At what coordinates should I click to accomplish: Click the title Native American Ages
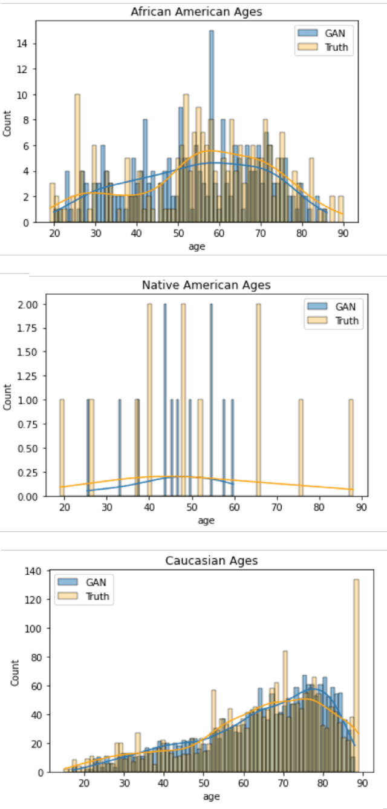pos(206,284)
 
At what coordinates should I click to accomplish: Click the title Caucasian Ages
pos(212,561)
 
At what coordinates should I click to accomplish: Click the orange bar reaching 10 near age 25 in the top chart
pos(77,159)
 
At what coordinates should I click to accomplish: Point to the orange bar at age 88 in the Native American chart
pos(351,448)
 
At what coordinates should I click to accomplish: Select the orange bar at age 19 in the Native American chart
pos(61,448)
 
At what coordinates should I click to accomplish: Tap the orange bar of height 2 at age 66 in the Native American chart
pos(258,400)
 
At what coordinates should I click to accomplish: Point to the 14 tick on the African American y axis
pos(28,44)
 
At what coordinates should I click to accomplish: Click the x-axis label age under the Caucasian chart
pos(212,797)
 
